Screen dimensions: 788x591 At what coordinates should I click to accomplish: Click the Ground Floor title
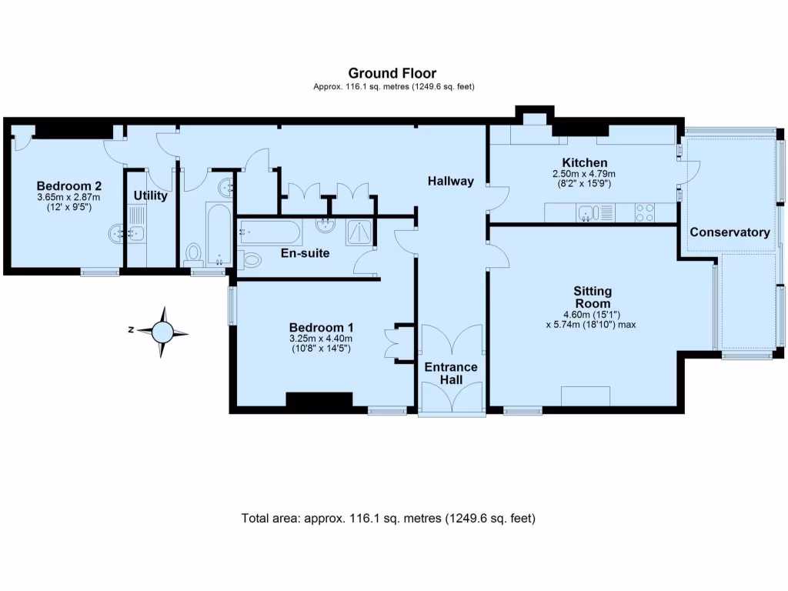[x=392, y=73]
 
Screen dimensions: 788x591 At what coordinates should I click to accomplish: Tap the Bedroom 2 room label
[x=68, y=186]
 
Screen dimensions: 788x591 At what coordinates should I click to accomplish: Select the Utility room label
[x=150, y=195]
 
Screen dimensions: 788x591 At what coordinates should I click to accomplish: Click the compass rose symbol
[x=162, y=332]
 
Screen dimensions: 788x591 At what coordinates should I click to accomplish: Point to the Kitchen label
[x=585, y=162]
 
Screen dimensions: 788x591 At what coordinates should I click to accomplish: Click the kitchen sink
[x=586, y=212]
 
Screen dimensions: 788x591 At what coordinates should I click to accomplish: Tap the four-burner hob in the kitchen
[x=645, y=212]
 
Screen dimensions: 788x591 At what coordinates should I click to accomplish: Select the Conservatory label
[x=730, y=232]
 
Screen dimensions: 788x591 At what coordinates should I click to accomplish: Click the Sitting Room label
[x=593, y=297]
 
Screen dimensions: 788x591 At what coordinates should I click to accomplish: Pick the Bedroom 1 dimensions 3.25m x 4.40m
[x=321, y=339]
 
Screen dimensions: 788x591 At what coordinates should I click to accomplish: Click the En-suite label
[x=305, y=252]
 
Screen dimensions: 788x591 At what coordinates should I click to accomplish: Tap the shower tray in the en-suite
[x=359, y=232]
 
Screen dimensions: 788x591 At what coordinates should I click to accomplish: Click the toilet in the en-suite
[x=250, y=260]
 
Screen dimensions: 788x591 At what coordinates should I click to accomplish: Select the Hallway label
[x=451, y=181]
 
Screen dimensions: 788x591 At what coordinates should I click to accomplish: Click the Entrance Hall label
[x=451, y=373]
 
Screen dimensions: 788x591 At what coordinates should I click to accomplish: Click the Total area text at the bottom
[x=388, y=518]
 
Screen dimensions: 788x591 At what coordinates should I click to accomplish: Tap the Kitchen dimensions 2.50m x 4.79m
[x=584, y=174]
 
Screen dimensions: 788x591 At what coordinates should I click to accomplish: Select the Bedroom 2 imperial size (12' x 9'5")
[x=68, y=206]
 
